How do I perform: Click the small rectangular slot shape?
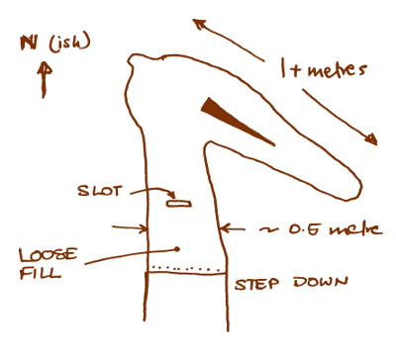click(x=179, y=203)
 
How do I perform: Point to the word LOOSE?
click(x=41, y=253)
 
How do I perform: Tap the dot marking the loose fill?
click(x=176, y=248)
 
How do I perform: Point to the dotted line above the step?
click(x=183, y=266)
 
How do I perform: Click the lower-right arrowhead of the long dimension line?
click(x=375, y=139)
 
